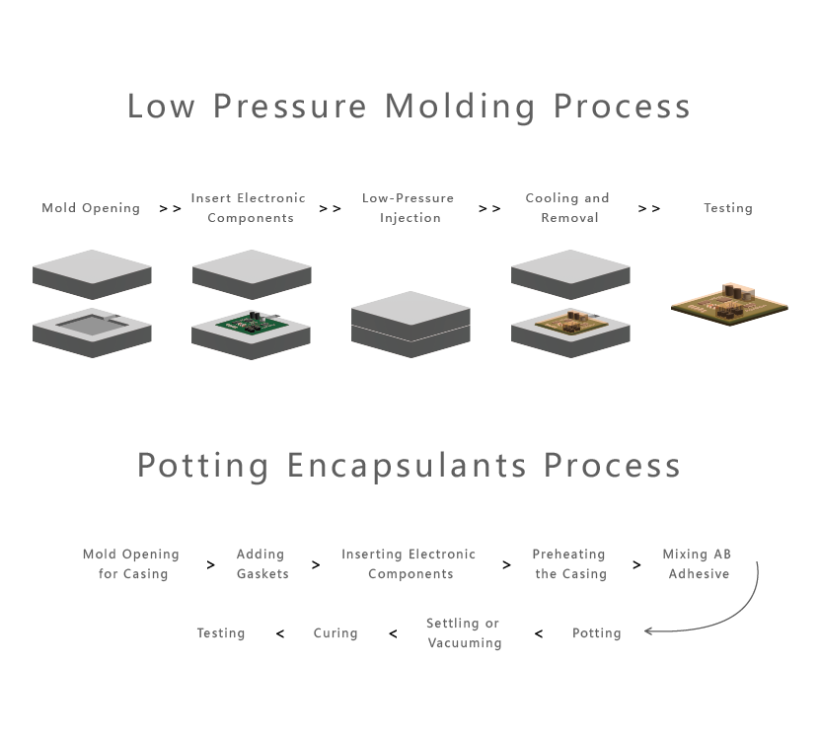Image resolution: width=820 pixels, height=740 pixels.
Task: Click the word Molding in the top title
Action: pos(460,108)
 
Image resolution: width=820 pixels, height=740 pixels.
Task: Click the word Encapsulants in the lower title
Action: pos(407,466)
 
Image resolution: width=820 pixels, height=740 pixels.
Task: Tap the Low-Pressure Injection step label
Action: pos(409,208)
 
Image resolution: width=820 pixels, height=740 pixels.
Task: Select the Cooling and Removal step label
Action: pos(567,208)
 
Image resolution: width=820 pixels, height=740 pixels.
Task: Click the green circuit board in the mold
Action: pos(252,323)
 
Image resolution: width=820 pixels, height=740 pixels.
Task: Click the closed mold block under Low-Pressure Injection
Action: pos(410,325)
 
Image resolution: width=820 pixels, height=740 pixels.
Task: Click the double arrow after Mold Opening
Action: pos(170,208)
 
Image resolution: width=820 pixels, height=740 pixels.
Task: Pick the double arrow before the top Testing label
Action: pos(649,208)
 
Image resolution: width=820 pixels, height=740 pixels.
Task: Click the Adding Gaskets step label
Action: pos(262,564)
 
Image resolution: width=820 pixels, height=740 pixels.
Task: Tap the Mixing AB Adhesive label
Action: pos(698,564)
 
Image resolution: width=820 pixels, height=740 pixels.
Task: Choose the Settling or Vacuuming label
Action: pos(464,633)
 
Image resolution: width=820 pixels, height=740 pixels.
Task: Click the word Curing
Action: pos(335,633)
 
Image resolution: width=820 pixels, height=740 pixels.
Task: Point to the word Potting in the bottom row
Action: pos(597,633)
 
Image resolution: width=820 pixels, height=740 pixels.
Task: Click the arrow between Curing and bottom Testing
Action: pos(280,633)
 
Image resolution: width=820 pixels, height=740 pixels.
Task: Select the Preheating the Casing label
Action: pos(569,564)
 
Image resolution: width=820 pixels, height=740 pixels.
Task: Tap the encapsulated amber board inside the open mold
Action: pos(571,323)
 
